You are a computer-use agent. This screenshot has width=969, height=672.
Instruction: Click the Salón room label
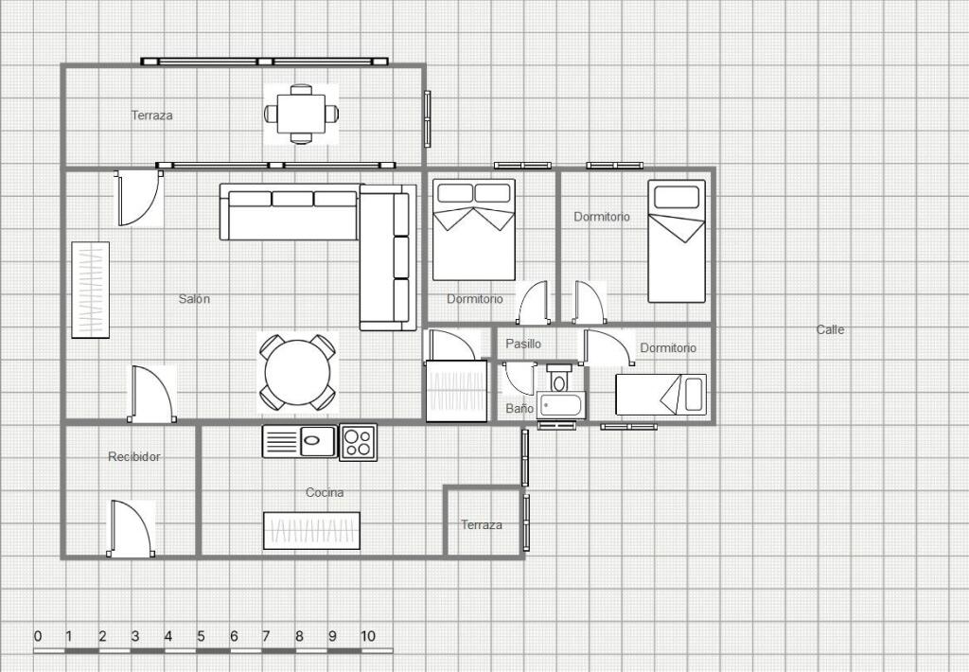point(194,298)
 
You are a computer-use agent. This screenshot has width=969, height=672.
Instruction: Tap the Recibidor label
point(134,457)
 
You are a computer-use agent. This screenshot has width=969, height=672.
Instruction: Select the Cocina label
point(325,493)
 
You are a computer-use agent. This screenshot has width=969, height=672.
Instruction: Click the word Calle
point(830,329)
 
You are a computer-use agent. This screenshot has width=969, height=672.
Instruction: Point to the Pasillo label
point(522,344)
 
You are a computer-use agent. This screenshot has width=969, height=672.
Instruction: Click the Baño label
point(520,409)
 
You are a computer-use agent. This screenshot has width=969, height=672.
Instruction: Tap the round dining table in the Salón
point(297,373)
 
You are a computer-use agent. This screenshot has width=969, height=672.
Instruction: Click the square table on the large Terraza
point(301,114)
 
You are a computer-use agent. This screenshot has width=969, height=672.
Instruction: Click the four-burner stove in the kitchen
point(358,441)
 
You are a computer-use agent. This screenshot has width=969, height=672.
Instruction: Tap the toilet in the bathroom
point(559,378)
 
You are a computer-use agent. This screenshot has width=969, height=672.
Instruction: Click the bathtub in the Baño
point(560,405)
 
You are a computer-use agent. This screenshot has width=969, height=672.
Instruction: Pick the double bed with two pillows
point(474,230)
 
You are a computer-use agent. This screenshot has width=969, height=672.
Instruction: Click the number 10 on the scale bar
point(368,636)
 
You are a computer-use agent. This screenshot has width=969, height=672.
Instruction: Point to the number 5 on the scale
point(201,636)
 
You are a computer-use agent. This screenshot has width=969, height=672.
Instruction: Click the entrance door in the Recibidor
point(131,528)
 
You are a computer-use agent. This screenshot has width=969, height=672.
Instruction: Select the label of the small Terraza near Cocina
point(482,525)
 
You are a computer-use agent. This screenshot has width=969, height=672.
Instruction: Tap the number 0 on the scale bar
point(38,636)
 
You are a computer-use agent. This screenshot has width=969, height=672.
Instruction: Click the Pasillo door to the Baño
point(519,379)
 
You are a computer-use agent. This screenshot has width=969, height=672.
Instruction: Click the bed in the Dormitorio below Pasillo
point(661,395)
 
